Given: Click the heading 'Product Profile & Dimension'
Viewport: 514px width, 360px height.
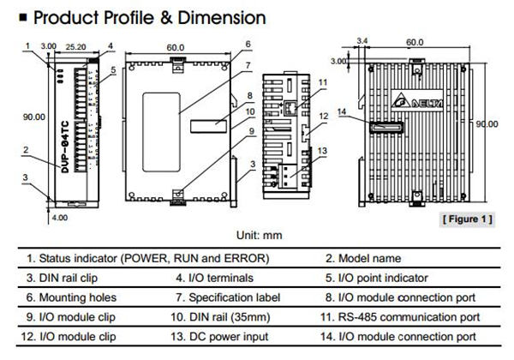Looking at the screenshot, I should tap(137, 16).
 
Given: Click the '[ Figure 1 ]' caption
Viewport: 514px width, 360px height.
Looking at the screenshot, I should tap(468, 220).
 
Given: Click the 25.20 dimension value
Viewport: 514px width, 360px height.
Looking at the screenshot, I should tap(76, 44).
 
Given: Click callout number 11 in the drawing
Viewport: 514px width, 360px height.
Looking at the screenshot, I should tap(322, 82).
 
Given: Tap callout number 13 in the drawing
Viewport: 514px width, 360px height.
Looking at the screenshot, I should tap(322, 151).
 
